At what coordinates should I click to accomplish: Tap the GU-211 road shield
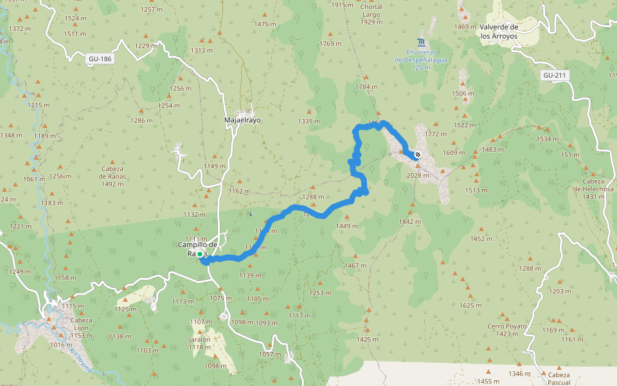pos(555,75)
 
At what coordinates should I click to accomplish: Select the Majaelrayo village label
pos(242,120)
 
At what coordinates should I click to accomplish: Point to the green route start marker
pos(200,255)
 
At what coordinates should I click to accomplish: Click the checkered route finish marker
pos(418,154)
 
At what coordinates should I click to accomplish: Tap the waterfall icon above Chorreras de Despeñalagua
pos(421,42)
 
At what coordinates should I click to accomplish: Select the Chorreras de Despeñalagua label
pos(421,59)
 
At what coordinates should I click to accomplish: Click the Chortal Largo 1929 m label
pos(371,15)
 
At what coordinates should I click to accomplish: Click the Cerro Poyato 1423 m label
pos(506,330)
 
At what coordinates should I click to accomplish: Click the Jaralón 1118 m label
pos(200,343)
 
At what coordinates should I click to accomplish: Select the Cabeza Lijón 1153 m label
pos(82,328)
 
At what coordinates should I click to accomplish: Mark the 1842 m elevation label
pos(409,221)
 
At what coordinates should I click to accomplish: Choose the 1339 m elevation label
pos(309,122)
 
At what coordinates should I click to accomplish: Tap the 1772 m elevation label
pos(436,134)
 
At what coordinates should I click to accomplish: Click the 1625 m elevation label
pos(470,305)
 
